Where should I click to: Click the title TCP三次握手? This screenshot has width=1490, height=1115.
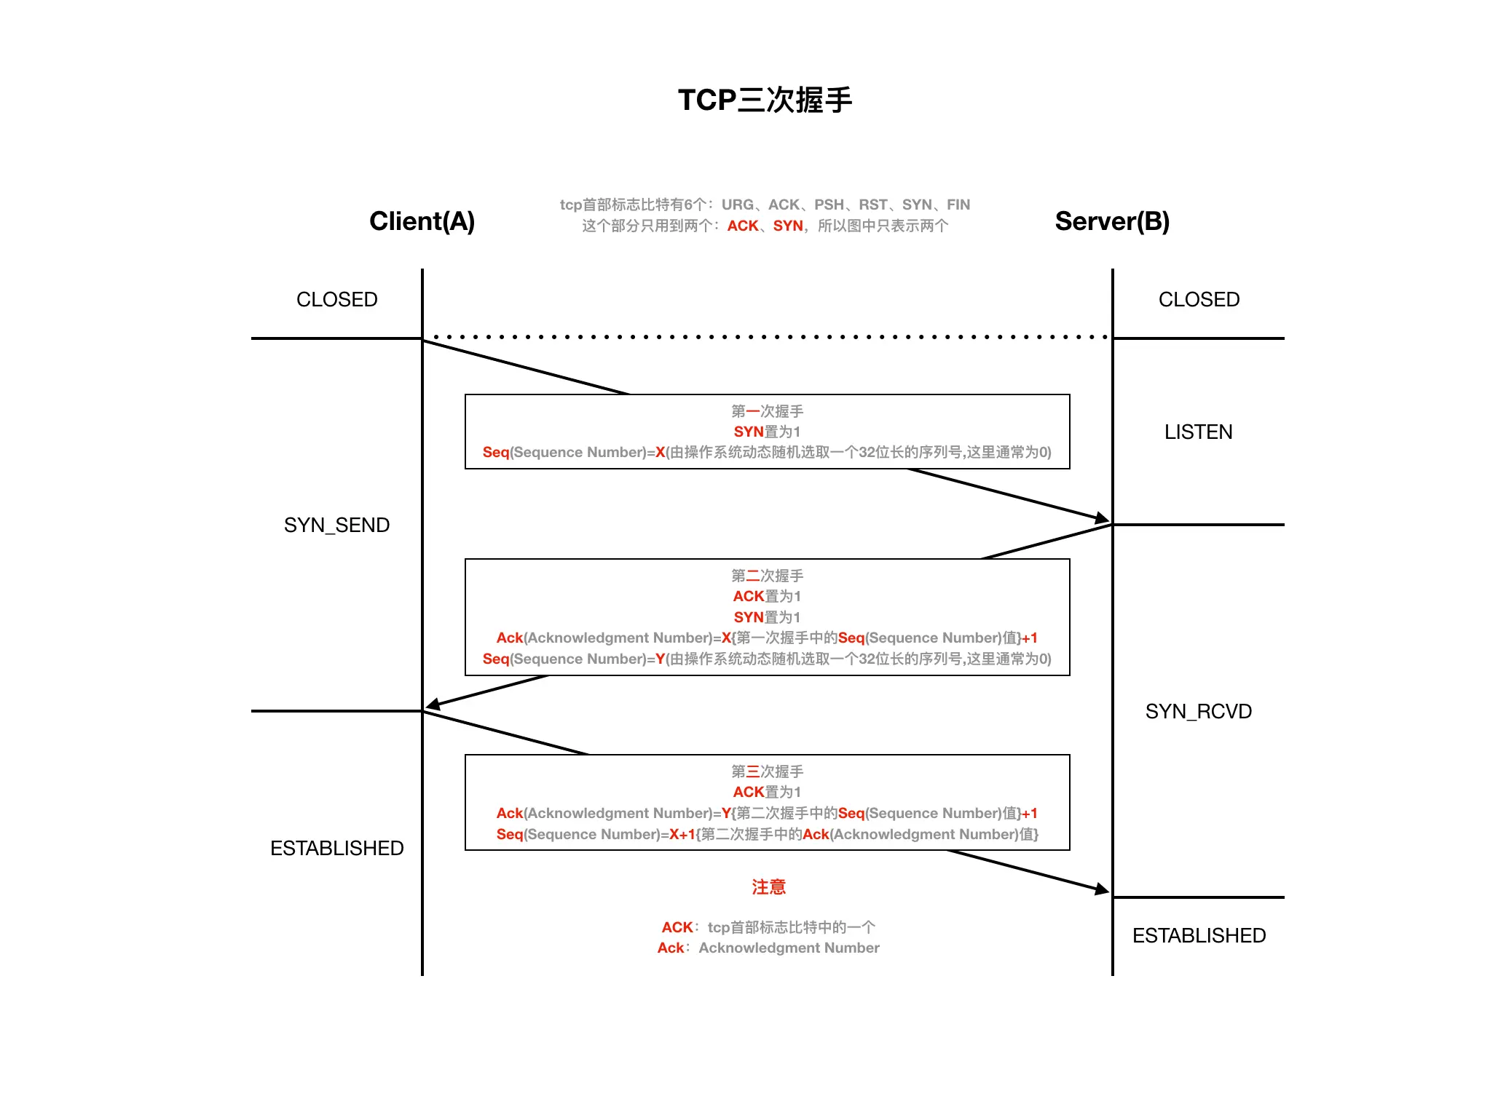coord(765,100)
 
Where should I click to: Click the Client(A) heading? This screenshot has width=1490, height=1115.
coord(422,221)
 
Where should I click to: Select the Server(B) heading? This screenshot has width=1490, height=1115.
coord(1112,221)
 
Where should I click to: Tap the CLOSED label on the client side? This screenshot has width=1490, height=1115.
coord(336,299)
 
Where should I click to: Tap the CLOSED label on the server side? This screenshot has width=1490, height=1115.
coord(1199,299)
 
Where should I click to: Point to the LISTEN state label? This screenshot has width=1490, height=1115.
coord(1198,432)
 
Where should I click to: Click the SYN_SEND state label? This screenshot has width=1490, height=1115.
coord(336,525)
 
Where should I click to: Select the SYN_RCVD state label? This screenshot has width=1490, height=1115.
coord(1198,711)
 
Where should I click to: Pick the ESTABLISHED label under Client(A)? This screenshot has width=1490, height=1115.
coord(336,848)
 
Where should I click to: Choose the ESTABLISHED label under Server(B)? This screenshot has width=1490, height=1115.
coord(1199,935)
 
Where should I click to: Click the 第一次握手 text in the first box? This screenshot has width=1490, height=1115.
coord(767,411)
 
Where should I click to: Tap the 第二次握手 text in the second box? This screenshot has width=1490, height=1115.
coord(767,576)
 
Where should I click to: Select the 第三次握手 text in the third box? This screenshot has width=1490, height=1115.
coord(767,771)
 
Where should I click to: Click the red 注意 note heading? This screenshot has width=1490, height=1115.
coord(768,886)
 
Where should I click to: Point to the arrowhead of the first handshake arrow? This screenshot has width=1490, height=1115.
coord(1103,519)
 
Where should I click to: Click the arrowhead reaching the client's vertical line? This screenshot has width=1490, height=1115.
coord(433,705)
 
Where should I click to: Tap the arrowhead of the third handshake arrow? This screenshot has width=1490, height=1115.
coord(1103,889)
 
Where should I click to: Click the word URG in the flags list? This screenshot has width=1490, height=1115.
coord(737,205)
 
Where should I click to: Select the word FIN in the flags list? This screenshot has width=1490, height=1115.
coord(958,205)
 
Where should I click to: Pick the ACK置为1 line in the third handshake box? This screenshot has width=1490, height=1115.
coord(767,792)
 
